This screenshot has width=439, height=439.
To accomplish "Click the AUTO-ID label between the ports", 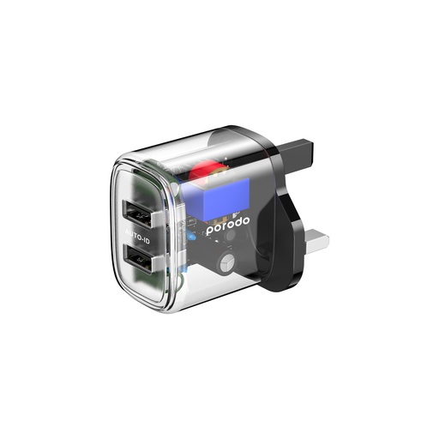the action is pyautogui.click(x=137, y=236).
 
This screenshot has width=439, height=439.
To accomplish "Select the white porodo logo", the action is pyautogui.click(x=228, y=226).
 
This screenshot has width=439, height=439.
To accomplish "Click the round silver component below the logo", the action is pyautogui.click(x=227, y=262).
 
